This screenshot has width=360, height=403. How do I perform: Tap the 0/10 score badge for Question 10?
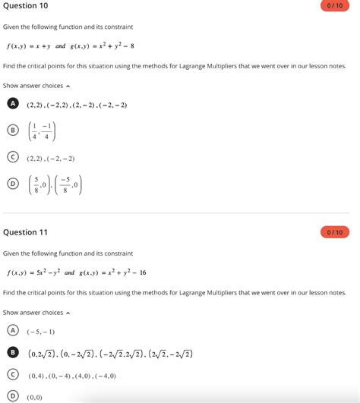tap(335, 6)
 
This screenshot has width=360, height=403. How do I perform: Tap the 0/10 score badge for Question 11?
tap(335, 231)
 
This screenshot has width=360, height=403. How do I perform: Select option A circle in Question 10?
tap(12, 104)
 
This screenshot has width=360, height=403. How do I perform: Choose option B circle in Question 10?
tap(12, 131)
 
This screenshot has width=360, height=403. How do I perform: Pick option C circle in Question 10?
tap(12, 159)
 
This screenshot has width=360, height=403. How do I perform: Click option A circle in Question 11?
tap(12, 330)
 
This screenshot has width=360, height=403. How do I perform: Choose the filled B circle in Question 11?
tap(12, 352)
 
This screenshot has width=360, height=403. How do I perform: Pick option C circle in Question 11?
tap(12, 374)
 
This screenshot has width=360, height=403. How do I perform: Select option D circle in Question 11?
tap(12, 395)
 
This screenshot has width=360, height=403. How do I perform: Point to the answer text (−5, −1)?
tap(41, 332)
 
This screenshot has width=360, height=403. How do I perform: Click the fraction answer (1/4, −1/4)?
tap(41, 131)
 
